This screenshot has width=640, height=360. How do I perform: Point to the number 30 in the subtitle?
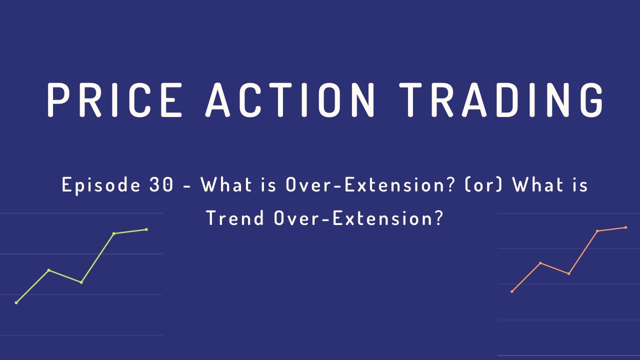(x=160, y=185)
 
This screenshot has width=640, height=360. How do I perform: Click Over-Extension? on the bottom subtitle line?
(x=359, y=218)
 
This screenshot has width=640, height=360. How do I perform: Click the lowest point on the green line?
(x=16, y=302)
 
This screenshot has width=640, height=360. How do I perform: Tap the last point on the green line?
(x=146, y=229)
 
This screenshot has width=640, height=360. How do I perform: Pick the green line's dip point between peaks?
(x=81, y=282)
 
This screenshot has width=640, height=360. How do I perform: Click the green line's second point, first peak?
(x=48, y=270)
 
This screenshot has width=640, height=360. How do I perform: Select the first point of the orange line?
(x=512, y=291)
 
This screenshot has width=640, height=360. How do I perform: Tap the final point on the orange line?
(x=626, y=227)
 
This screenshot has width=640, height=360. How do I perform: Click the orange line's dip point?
(x=569, y=273)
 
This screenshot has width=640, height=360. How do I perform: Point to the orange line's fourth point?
(x=597, y=231)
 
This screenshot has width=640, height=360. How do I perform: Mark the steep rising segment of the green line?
(x=97, y=257)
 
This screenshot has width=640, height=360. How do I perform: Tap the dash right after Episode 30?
(x=187, y=186)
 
